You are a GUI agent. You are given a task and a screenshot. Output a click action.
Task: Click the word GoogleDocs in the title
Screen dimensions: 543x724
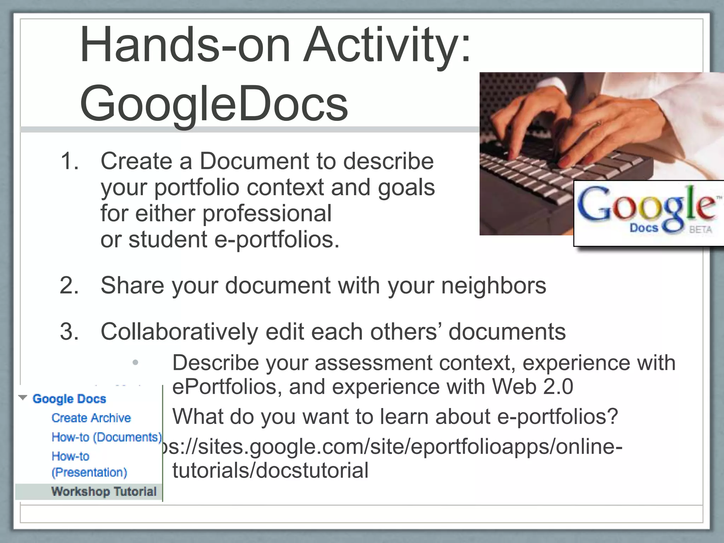(x=214, y=103)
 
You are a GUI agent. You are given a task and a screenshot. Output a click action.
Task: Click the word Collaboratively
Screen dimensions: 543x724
(x=180, y=332)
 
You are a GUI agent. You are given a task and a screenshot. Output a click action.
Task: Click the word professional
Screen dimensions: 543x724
(x=267, y=214)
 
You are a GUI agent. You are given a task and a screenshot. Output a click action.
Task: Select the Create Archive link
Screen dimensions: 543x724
(x=91, y=418)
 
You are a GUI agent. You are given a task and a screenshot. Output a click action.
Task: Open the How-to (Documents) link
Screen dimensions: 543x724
(x=106, y=437)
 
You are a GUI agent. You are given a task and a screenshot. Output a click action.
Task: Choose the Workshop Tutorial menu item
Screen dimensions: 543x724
(x=104, y=491)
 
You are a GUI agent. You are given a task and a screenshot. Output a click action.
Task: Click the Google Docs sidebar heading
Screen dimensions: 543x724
(x=69, y=399)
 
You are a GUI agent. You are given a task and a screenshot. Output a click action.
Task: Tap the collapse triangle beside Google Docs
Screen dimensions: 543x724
(x=23, y=398)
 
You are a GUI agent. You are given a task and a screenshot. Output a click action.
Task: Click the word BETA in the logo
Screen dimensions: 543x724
(x=700, y=230)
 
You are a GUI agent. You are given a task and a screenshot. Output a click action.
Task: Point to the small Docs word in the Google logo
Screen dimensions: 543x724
(x=643, y=228)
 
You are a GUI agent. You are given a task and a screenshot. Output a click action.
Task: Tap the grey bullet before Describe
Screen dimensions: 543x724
(x=135, y=362)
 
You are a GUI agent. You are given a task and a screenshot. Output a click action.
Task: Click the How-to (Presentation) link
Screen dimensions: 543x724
(x=89, y=464)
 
